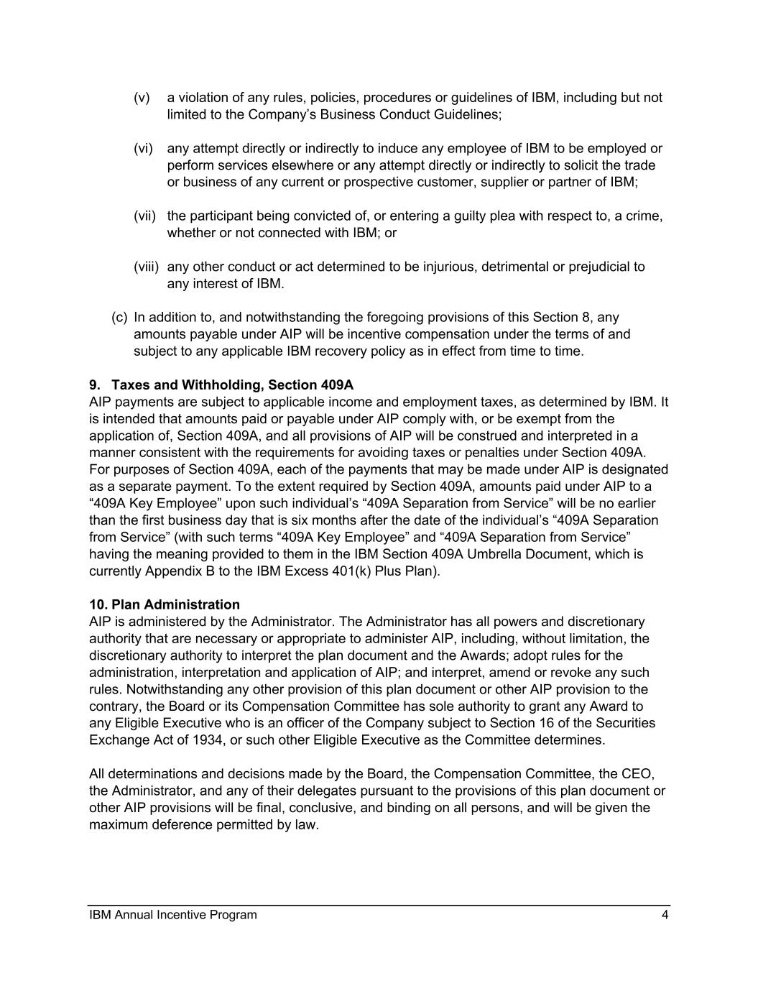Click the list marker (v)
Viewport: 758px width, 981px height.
point(142,98)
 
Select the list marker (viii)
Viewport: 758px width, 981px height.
point(146,267)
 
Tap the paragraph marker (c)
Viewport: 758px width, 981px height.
point(119,318)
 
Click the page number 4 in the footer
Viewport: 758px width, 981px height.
point(665,915)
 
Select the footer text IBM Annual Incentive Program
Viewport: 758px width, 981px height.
point(172,915)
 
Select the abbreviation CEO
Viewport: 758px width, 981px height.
point(639,774)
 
